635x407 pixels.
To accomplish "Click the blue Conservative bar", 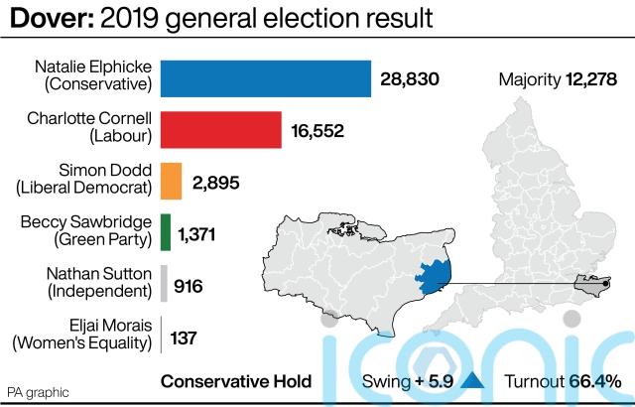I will pyautogui.click(x=266, y=78).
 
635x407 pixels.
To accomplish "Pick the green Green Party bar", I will pyautogui.click(x=166, y=233).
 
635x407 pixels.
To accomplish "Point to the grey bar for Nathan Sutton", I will pyautogui.click(x=164, y=285).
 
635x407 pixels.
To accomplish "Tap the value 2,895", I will pyautogui.click(x=215, y=183).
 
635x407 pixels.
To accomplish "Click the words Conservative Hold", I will pyautogui.click(x=236, y=381).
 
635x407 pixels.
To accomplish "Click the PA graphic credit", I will pyautogui.click(x=39, y=391).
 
